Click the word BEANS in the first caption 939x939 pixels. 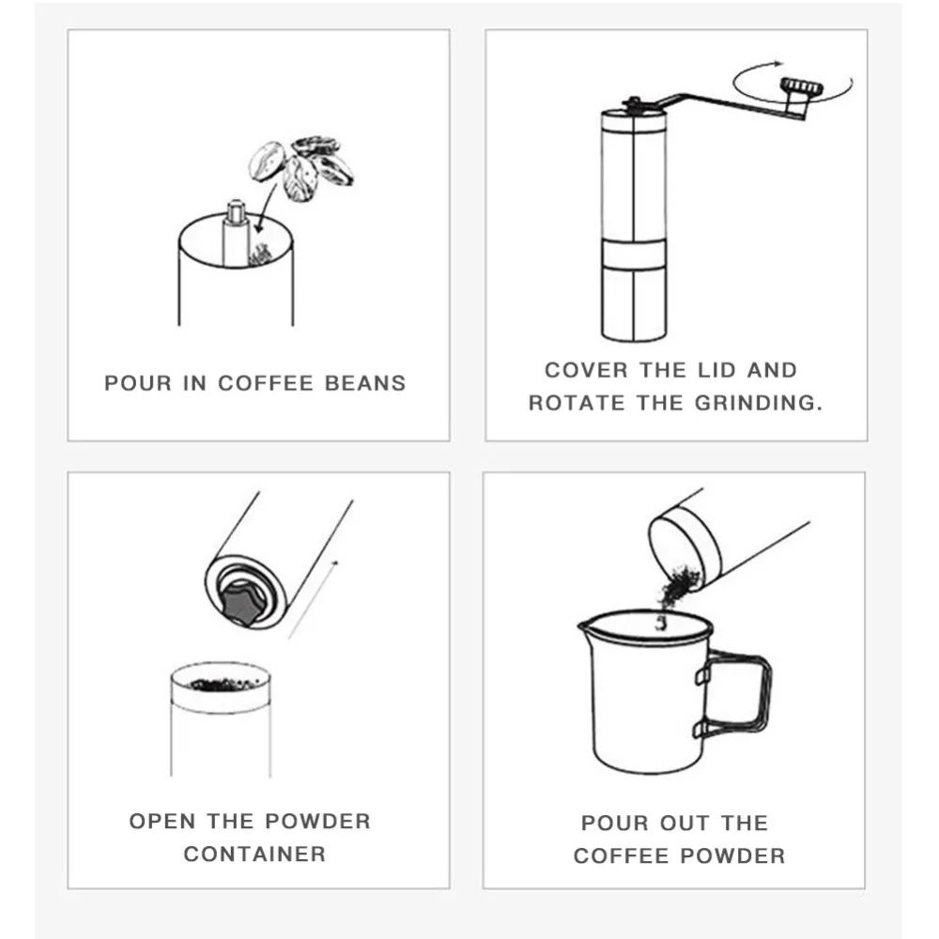pyautogui.click(x=365, y=383)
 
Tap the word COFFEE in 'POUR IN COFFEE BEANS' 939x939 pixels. pyautogui.click(x=266, y=383)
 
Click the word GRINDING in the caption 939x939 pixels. pyautogui.click(x=758, y=403)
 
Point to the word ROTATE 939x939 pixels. pyautogui.click(x=577, y=403)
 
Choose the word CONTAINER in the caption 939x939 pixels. pyautogui.click(x=254, y=854)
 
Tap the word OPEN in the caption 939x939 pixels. pyautogui.click(x=162, y=821)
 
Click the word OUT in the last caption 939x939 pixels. pyautogui.click(x=684, y=823)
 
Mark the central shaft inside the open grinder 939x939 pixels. pyautogui.click(x=236, y=233)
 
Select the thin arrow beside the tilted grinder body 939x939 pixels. pyautogui.click(x=314, y=599)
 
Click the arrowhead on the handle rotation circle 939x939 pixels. pyautogui.click(x=777, y=62)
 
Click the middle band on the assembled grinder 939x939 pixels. pyautogui.click(x=634, y=254)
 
